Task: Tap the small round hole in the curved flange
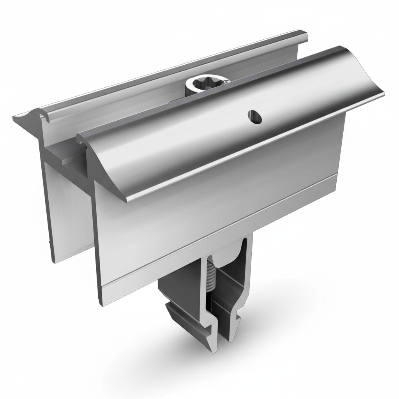coord(254,116)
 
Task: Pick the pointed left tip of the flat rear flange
coord(15,117)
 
